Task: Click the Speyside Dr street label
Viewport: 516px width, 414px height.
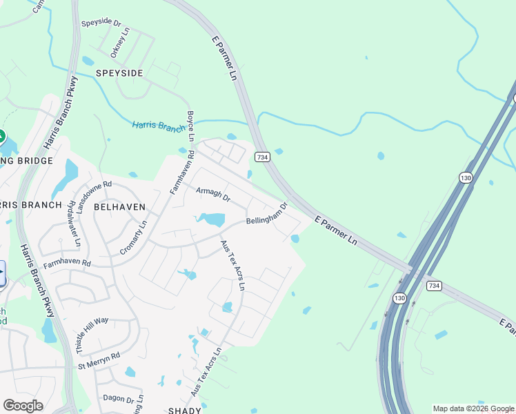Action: tap(101, 23)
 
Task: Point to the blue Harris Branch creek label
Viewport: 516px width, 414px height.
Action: tap(158, 125)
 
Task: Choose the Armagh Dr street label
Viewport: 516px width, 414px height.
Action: tap(212, 194)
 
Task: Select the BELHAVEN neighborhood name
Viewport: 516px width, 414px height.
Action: tap(119, 206)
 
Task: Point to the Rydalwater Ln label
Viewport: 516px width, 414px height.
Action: tap(73, 228)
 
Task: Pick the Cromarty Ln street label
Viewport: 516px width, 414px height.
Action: tap(133, 238)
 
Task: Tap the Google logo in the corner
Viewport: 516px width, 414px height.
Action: tap(23, 406)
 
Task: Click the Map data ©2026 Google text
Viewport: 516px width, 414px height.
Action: tap(473, 408)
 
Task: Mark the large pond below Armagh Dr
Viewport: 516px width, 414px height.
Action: tap(212, 220)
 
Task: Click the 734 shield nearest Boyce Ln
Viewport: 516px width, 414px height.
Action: tap(261, 158)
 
